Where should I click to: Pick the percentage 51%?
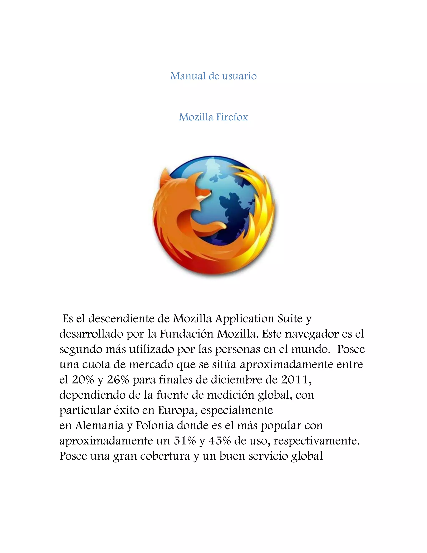[185, 441]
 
